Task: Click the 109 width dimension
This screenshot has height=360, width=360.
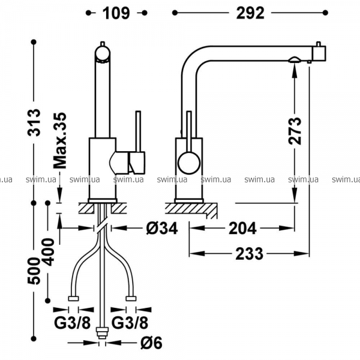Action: click(x=116, y=13)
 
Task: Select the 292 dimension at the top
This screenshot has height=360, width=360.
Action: click(x=250, y=13)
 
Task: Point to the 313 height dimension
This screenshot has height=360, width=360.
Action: click(x=34, y=122)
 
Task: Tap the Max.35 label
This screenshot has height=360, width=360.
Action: click(x=59, y=141)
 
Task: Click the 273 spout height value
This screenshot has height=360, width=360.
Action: click(x=295, y=131)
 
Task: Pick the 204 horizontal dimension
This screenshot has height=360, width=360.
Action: click(x=242, y=229)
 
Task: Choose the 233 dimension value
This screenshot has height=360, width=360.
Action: click(x=250, y=254)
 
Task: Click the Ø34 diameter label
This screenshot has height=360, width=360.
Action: click(x=162, y=229)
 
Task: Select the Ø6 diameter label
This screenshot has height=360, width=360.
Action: click(x=151, y=343)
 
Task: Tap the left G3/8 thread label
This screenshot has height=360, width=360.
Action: click(x=73, y=323)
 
